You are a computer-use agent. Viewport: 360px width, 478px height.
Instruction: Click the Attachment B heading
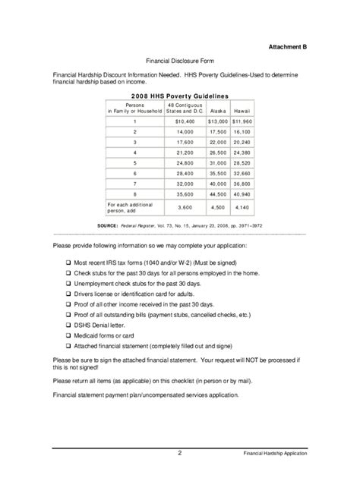[x=288, y=46]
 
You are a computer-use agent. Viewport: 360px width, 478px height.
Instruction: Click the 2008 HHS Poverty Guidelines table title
[x=179, y=96]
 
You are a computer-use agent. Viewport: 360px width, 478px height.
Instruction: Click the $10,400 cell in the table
[x=185, y=121]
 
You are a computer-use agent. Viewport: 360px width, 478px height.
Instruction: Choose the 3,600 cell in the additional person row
[x=185, y=206]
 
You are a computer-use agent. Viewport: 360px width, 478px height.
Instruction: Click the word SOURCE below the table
[x=111, y=225]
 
